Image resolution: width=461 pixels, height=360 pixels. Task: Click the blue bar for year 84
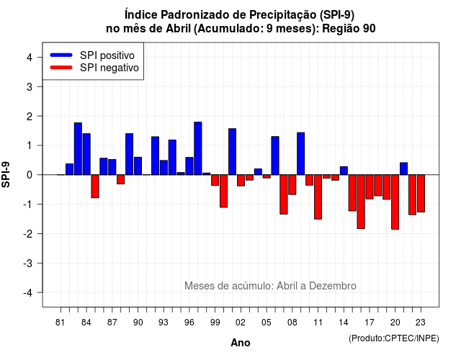(x=86, y=154)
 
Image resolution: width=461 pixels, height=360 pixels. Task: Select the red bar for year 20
(x=395, y=202)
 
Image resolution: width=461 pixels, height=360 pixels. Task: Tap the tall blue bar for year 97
(x=198, y=148)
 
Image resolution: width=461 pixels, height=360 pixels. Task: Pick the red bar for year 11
(x=318, y=197)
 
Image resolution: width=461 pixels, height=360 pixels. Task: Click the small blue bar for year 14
(x=344, y=171)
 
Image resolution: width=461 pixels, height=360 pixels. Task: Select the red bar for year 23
(x=421, y=194)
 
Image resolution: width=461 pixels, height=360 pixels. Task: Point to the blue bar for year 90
(x=138, y=166)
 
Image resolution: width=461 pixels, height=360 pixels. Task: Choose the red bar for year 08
(x=292, y=184)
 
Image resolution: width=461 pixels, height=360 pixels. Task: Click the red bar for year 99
(x=215, y=180)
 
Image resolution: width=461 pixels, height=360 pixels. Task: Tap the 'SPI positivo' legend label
(x=107, y=55)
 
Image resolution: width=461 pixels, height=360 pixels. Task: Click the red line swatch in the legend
(x=61, y=68)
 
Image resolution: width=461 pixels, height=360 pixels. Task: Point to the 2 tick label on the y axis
(x=30, y=117)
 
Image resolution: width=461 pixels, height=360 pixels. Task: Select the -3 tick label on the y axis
(x=28, y=264)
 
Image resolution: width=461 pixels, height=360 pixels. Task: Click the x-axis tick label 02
(x=240, y=323)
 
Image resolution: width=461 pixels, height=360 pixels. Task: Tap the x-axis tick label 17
(x=370, y=323)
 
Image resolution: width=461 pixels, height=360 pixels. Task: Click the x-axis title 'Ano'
(x=241, y=343)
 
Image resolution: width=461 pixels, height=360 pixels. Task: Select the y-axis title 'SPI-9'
(x=6, y=174)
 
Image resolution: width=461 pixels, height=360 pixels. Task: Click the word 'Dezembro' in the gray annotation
(x=333, y=286)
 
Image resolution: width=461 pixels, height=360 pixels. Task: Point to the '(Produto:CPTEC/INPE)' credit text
(x=394, y=338)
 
